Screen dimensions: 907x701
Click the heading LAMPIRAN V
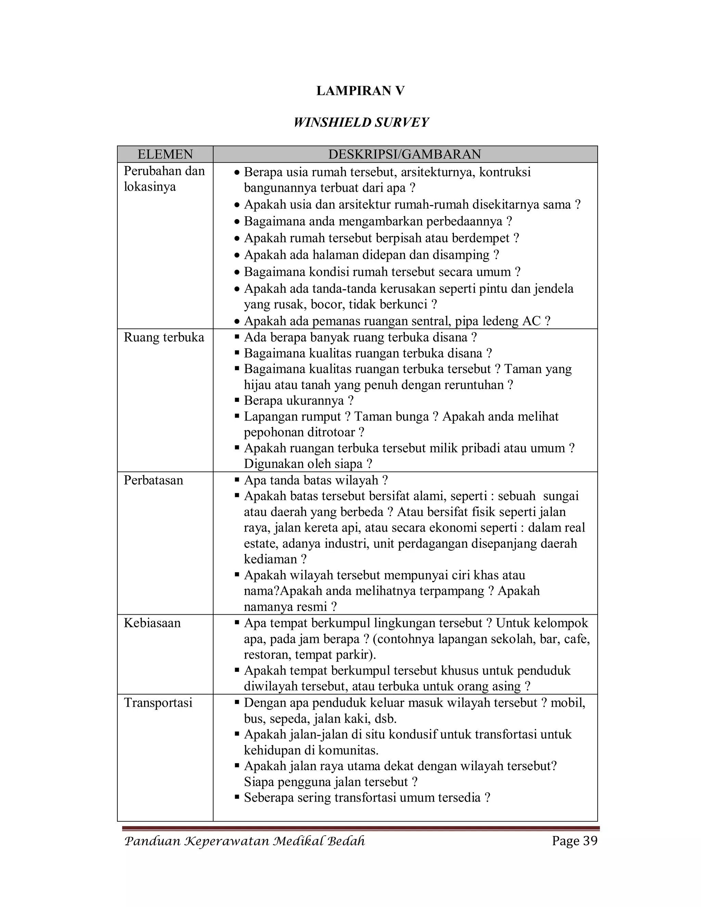coord(360,91)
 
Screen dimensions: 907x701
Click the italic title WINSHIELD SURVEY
coord(360,123)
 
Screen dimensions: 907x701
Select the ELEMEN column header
coord(165,154)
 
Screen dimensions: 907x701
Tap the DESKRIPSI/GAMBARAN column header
coord(405,154)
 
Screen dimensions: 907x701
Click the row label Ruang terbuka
coord(164,337)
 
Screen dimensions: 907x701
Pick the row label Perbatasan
coord(153,481)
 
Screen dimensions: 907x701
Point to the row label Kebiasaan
coord(152,623)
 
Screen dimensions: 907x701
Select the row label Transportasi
coord(158,703)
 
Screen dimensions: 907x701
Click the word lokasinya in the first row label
coord(150,187)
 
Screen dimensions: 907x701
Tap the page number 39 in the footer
coord(590,841)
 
